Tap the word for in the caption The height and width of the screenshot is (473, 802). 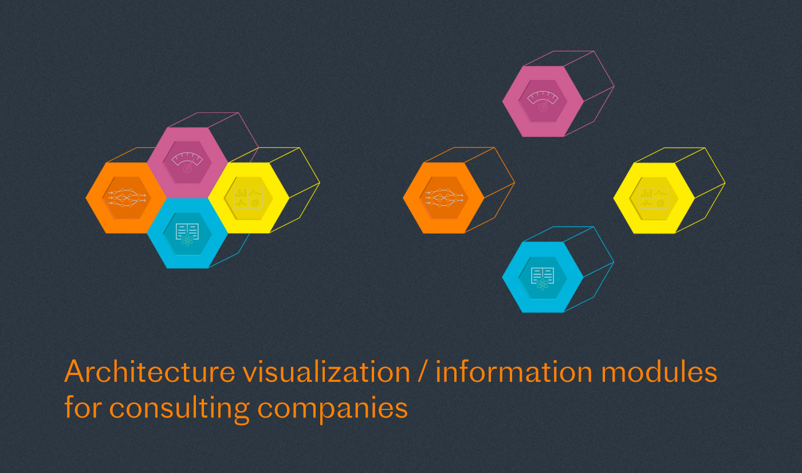(x=83, y=408)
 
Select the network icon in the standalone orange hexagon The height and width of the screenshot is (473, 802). (x=443, y=198)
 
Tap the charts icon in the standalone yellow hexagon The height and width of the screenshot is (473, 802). (x=654, y=198)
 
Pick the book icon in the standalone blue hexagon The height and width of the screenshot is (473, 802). (x=542, y=278)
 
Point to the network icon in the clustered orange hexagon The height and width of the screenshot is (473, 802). (x=126, y=198)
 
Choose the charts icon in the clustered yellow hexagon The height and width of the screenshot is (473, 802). (x=248, y=198)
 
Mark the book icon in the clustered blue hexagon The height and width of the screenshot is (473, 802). (x=187, y=233)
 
